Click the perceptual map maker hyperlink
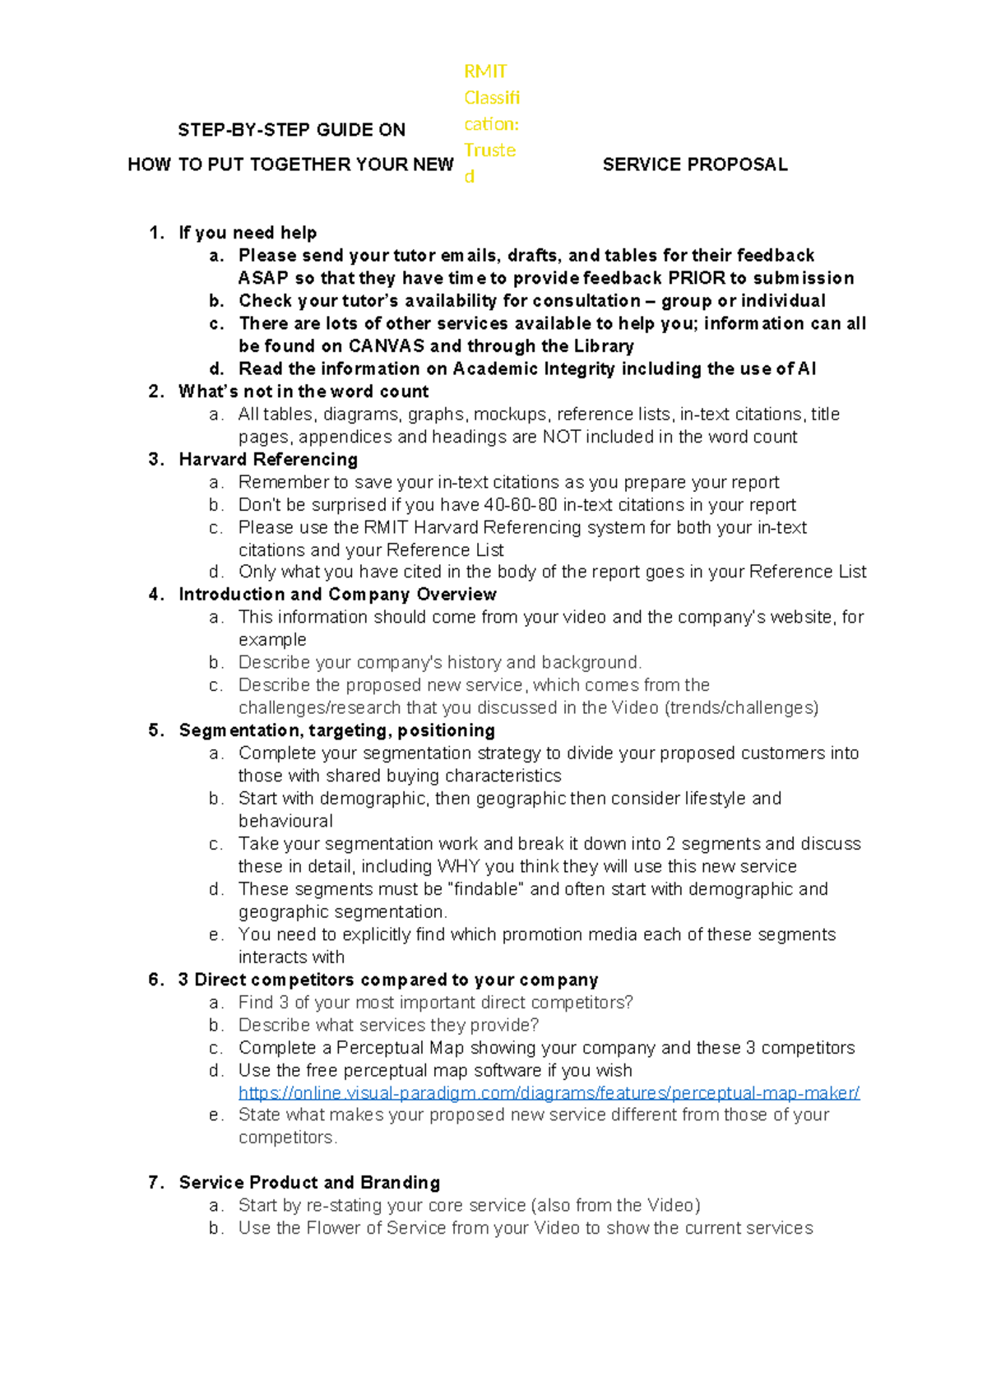[549, 1093]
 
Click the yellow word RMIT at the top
[485, 72]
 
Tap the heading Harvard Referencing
[268, 460]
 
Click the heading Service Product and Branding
[309, 1183]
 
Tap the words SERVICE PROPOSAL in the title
[695, 165]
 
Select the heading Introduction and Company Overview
[337, 595]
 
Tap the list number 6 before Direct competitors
[155, 980]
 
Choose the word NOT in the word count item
[559, 437]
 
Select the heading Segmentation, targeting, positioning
[336, 730]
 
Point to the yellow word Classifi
[492, 98]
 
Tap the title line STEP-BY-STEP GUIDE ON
[291, 130]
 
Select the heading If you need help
[248, 233]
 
